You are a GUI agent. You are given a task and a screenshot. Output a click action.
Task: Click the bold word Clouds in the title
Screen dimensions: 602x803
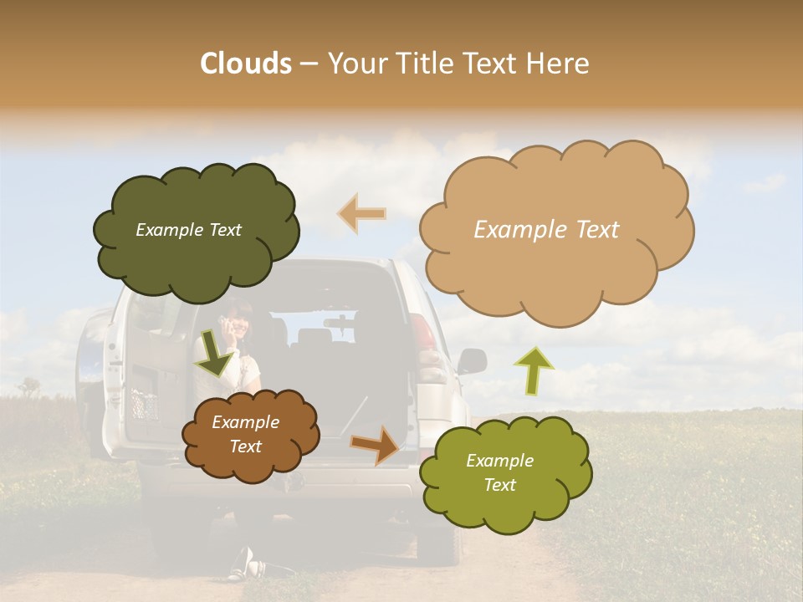[245, 64]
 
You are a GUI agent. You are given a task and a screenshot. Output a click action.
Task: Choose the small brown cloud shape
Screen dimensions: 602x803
[251, 435]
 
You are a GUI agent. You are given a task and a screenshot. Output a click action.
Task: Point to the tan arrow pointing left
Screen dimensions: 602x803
[362, 213]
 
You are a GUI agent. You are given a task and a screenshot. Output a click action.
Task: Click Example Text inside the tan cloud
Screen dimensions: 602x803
[546, 230]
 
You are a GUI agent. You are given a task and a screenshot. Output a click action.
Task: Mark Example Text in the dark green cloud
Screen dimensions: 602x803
[188, 230]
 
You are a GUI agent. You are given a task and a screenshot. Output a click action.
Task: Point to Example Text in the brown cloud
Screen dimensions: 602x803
[245, 435]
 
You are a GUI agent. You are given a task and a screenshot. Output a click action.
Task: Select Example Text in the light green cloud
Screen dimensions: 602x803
[499, 472]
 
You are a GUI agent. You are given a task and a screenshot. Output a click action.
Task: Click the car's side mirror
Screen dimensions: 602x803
[473, 361]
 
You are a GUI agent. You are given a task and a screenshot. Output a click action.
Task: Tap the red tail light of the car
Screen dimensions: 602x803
[424, 334]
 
